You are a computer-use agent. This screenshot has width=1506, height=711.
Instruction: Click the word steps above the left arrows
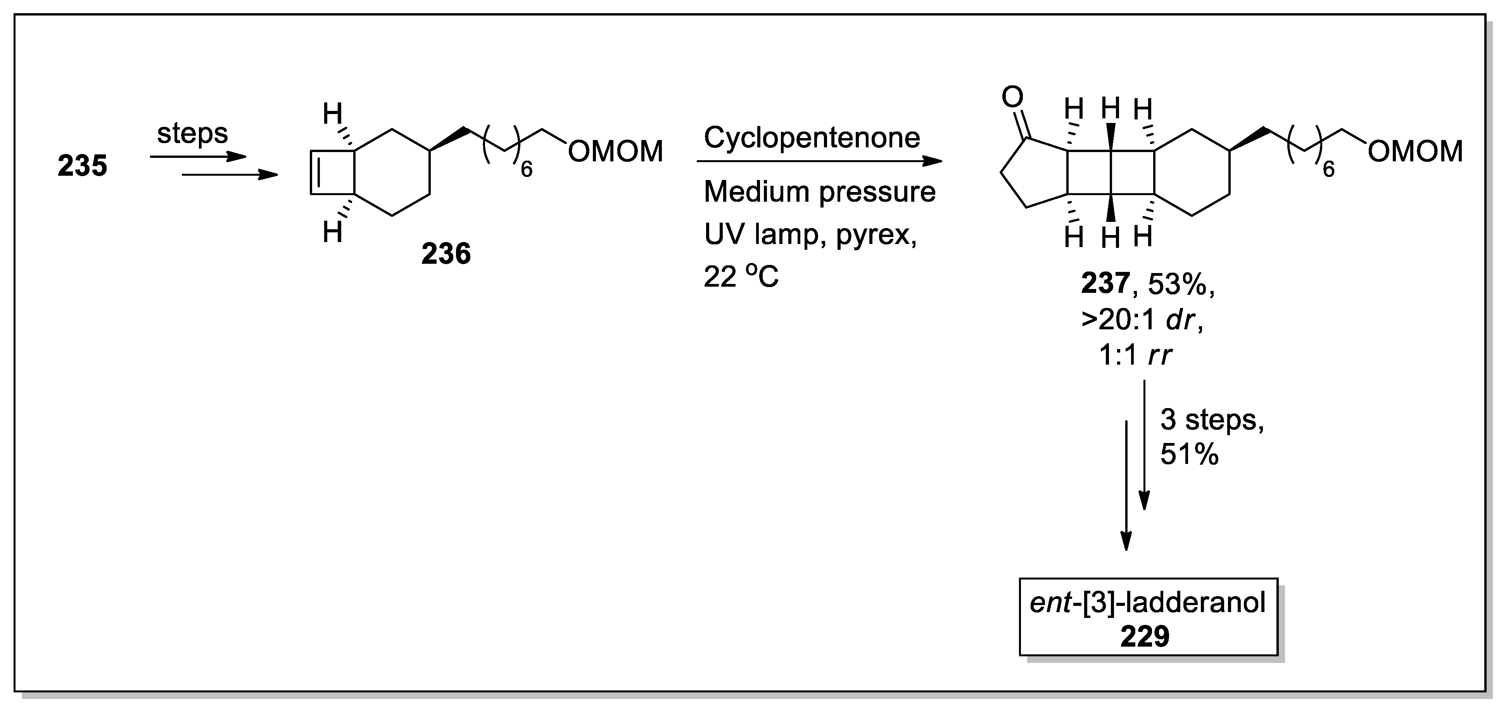point(192,134)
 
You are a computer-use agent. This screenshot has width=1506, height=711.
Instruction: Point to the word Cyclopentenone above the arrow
point(812,138)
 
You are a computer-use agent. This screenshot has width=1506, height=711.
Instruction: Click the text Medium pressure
point(819,192)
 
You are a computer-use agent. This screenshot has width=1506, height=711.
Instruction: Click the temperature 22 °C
point(741,277)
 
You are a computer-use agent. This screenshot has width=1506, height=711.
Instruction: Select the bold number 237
point(1105,284)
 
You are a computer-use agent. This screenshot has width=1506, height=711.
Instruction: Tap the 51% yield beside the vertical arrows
point(1189,454)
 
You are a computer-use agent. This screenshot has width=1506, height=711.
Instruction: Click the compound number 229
point(1144,636)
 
